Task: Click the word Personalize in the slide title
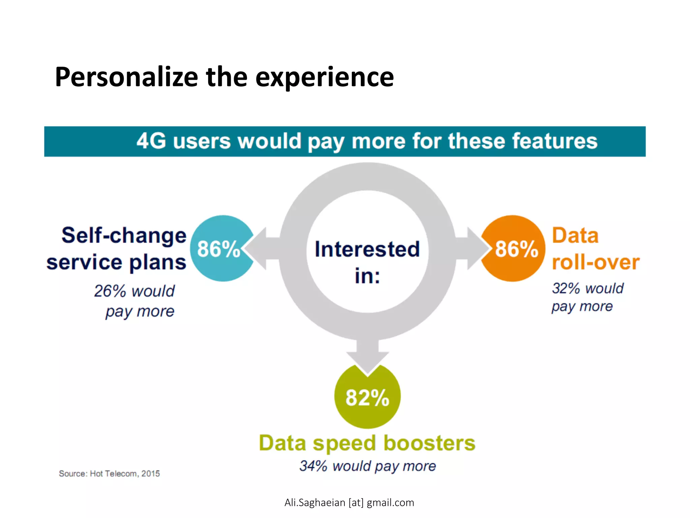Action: pos(126,77)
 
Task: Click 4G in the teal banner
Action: pos(151,141)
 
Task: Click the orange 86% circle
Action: pos(515,249)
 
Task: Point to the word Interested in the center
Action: pos(367,249)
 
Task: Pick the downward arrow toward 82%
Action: pos(368,357)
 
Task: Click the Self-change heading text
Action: pos(124,235)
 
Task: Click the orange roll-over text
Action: pos(595,262)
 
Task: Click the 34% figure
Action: pos(313,466)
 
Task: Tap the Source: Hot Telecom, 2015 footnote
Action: pos(109,473)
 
